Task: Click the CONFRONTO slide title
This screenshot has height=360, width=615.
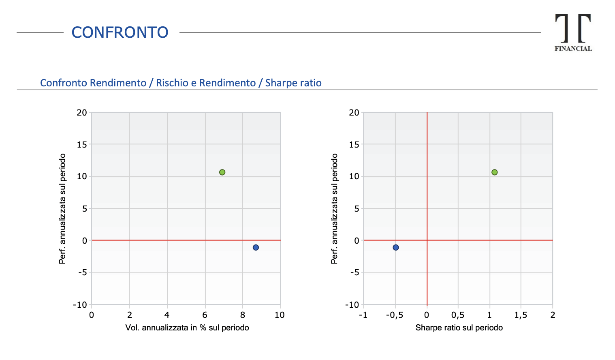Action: (120, 32)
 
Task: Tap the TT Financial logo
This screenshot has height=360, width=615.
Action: (573, 32)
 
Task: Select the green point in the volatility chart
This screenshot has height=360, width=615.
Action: (222, 172)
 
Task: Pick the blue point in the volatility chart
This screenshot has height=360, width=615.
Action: (256, 247)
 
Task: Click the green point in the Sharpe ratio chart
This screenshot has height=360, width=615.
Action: (494, 172)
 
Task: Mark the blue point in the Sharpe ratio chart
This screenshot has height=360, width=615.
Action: (396, 247)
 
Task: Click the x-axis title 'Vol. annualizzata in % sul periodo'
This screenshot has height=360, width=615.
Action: (187, 328)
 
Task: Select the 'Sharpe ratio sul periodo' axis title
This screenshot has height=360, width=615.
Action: (459, 328)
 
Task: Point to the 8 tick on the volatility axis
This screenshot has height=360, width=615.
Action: (242, 315)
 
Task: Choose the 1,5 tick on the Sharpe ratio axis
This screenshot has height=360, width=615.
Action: (521, 315)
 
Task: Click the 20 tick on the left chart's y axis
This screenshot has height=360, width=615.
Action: (82, 112)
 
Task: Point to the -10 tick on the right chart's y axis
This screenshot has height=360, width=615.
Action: (352, 304)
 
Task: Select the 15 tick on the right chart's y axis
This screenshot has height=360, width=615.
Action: (354, 144)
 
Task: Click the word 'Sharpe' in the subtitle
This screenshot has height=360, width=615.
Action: (278, 83)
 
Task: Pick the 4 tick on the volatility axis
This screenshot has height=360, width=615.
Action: (167, 315)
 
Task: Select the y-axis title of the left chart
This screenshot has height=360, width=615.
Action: (62, 208)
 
